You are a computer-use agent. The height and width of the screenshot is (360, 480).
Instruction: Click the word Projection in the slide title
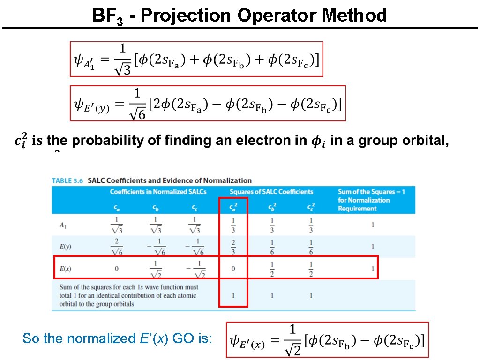tap(186, 15)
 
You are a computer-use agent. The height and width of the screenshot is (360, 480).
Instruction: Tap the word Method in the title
tap(354, 15)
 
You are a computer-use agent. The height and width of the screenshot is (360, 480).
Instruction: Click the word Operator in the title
tap(277, 15)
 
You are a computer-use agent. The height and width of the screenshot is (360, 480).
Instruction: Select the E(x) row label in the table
tap(65, 269)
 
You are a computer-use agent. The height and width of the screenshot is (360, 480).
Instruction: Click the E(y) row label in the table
tap(65, 247)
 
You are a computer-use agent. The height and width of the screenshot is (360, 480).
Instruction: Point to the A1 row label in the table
tap(63, 225)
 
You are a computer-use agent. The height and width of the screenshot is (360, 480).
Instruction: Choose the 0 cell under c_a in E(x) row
tap(117, 269)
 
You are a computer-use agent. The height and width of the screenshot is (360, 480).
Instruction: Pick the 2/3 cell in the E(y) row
tap(233, 247)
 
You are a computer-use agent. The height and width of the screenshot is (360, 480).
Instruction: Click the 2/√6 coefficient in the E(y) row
tap(117, 247)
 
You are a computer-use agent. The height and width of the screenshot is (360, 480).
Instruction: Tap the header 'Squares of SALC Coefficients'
tap(271, 191)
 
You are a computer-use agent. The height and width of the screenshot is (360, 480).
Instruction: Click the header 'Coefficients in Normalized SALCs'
tap(158, 191)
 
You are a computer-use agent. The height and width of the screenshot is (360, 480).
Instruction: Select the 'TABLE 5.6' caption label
tap(67, 180)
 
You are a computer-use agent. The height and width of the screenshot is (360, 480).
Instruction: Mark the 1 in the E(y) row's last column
tap(373, 247)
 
